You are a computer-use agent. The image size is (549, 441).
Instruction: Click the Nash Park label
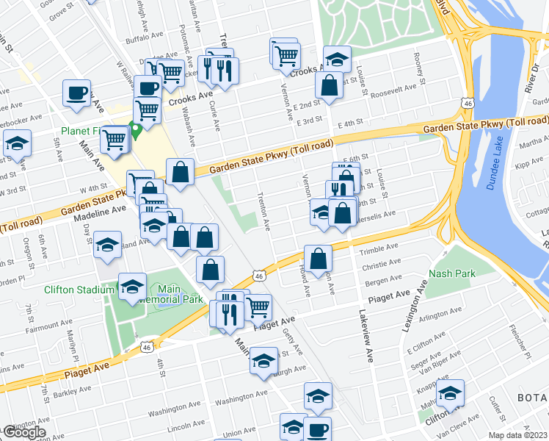point(451,273)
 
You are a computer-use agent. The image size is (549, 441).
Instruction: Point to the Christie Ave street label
point(381,262)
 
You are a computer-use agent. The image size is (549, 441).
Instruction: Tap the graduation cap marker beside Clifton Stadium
point(133,287)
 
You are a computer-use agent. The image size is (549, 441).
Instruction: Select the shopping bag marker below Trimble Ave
point(319,259)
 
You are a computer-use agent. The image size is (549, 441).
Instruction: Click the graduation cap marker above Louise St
point(337,59)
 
